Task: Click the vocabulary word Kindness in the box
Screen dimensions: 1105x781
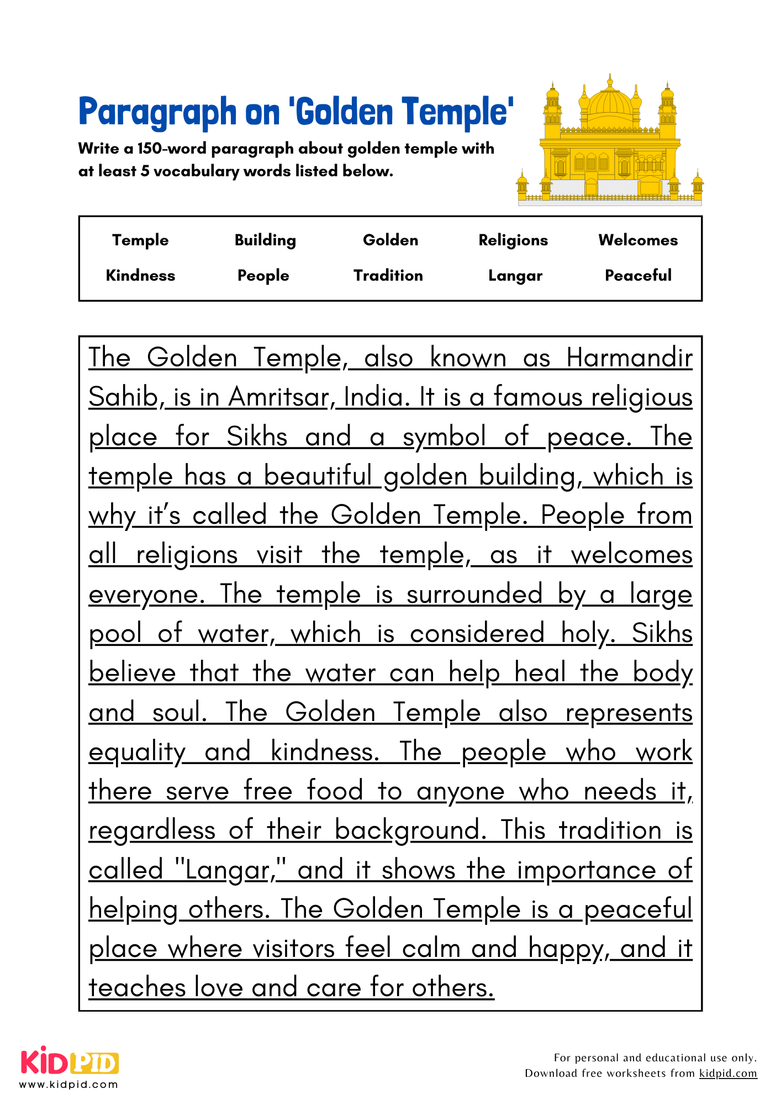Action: pyautogui.click(x=140, y=275)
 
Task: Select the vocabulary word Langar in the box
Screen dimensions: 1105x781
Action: pyautogui.click(x=515, y=275)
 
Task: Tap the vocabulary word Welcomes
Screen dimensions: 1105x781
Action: pyautogui.click(x=638, y=240)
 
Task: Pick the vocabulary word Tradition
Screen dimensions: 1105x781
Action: pyautogui.click(x=388, y=275)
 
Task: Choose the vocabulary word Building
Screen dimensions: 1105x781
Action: pyautogui.click(x=265, y=240)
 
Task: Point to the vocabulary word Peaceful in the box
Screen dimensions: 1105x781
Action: pyautogui.click(x=638, y=275)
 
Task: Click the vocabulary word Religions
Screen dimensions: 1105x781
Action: pyautogui.click(x=513, y=240)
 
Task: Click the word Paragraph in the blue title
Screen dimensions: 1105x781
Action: pyautogui.click(x=157, y=112)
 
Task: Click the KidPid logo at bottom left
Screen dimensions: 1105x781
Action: pyautogui.click(x=70, y=1061)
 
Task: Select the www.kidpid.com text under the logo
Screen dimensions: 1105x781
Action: pyautogui.click(x=69, y=1085)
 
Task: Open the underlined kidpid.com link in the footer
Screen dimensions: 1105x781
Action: pyautogui.click(x=728, y=1073)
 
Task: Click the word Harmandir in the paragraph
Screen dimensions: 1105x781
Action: pyautogui.click(x=629, y=357)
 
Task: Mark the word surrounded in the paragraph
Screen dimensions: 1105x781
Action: pyautogui.click(x=474, y=594)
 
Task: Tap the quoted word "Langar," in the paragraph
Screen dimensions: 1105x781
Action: pyautogui.click(x=230, y=870)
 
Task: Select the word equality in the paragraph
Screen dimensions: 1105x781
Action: pyautogui.click(x=137, y=753)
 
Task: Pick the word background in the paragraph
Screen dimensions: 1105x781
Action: pyautogui.click(x=410, y=830)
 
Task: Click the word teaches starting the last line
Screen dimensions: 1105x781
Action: pyautogui.click(x=138, y=988)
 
